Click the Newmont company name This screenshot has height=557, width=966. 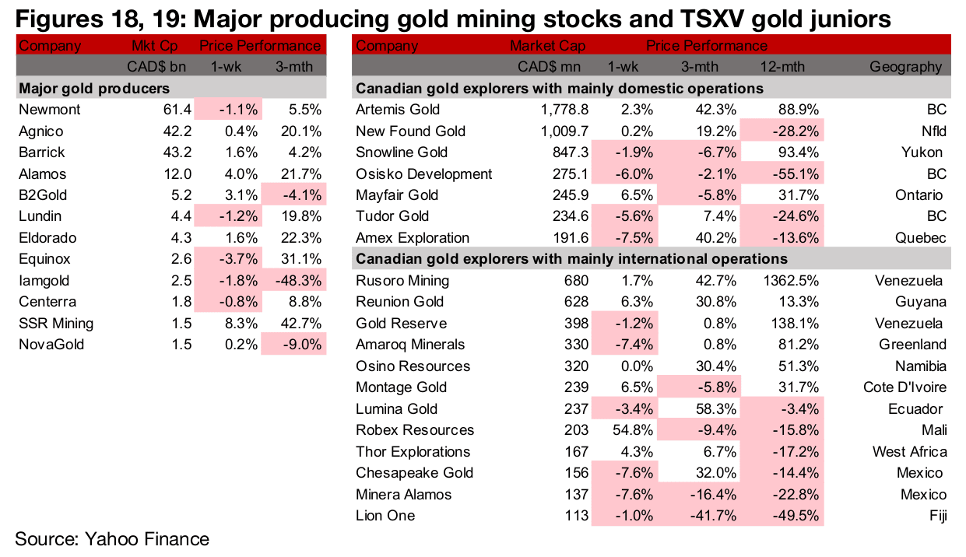pyautogui.click(x=49, y=110)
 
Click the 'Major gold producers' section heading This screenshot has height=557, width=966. pyautogui.click(x=94, y=89)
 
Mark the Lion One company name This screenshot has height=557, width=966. pyautogui.click(x=385, y=515)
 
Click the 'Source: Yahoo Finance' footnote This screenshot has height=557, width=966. pyautogui.click(x=112, y=538)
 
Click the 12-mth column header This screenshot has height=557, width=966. pyautogui.click(x=797, y=67)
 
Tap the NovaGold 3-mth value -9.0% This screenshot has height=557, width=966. pyautogui.click(x=296, y=345)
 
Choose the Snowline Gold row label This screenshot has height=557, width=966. pyautogui.click(x=401, y=152)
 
